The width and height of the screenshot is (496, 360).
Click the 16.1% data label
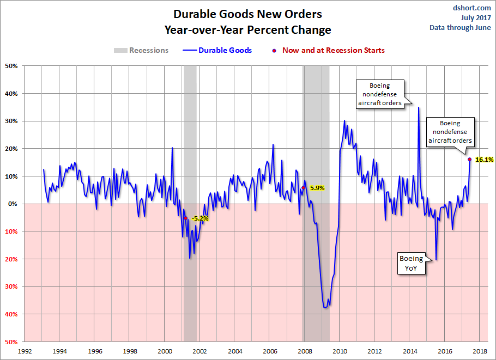485,160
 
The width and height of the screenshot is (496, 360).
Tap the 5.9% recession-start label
317,188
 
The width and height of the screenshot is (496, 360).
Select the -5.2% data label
199,218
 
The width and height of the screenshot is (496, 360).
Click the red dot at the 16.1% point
469,160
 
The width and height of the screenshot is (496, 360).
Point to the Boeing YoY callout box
412,263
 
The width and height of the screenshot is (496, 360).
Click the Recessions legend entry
141,50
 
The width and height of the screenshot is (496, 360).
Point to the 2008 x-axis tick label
305,351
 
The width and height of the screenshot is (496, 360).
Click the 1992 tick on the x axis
25,351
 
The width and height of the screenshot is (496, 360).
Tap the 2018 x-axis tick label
480,351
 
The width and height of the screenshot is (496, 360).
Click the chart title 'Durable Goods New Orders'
247,14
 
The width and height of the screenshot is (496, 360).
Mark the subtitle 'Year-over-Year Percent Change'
247,29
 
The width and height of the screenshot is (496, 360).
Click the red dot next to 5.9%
304,188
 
